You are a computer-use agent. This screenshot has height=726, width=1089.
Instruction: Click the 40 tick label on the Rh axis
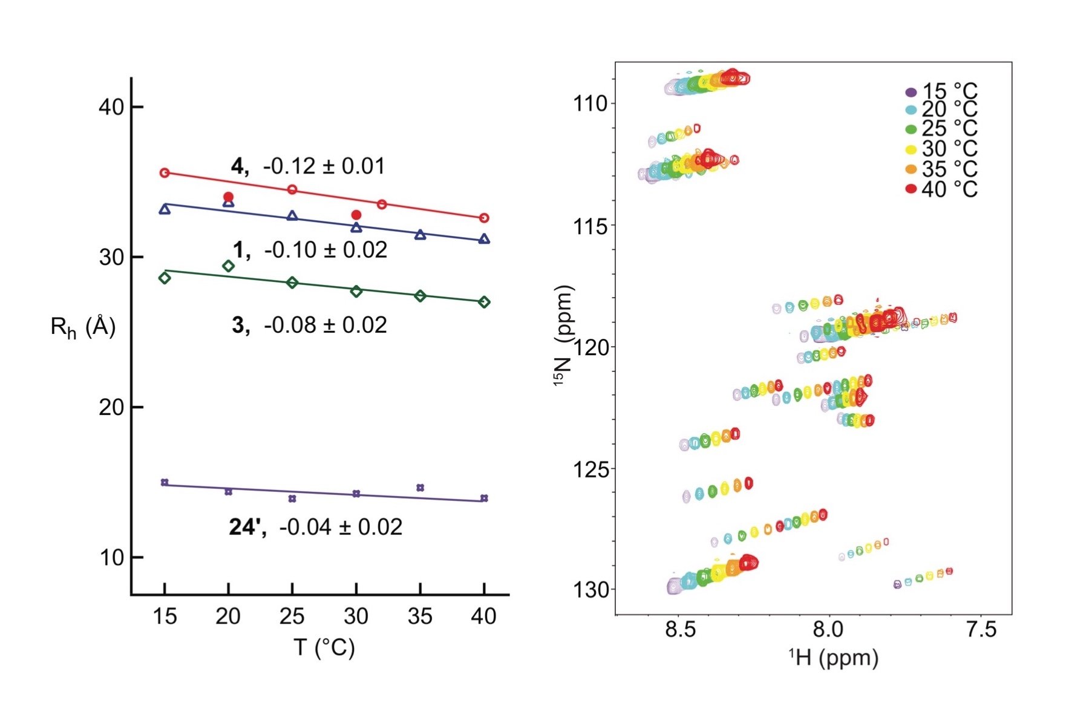point(111,107)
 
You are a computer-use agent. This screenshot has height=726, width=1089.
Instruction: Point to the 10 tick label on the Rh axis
point(111,557)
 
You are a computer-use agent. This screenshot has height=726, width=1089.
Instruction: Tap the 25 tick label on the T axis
point(292,616)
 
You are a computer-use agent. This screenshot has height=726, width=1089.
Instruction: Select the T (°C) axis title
point(324,647)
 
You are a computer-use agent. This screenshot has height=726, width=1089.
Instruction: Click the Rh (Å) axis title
point(83,327)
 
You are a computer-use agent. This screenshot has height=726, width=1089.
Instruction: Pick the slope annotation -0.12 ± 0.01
point(324,166)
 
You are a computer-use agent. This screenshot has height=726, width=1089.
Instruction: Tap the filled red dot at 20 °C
point(228,197)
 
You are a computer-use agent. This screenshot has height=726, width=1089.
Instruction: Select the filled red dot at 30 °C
point(356,215)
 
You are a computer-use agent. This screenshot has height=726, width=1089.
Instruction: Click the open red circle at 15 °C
point(165,173)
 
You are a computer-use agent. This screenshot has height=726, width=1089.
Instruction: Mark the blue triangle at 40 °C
point(484,239)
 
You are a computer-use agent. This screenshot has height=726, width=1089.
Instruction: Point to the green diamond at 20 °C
point(228,266)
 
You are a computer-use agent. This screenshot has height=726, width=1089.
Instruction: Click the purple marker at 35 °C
point(420,488)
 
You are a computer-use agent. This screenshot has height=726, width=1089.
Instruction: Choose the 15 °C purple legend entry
point(941,92)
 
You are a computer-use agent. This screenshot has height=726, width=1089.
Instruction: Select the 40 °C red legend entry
point(941,189)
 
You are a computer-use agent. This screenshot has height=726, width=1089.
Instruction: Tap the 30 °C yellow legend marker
point(911,149)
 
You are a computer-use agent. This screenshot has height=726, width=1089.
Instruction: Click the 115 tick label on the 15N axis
point(590,226)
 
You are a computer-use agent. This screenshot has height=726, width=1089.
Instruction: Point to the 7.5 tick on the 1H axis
point(980,629)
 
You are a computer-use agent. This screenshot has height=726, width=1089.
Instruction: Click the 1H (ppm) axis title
point(833,658)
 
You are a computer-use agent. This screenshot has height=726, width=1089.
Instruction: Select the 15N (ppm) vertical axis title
point(563,336)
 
